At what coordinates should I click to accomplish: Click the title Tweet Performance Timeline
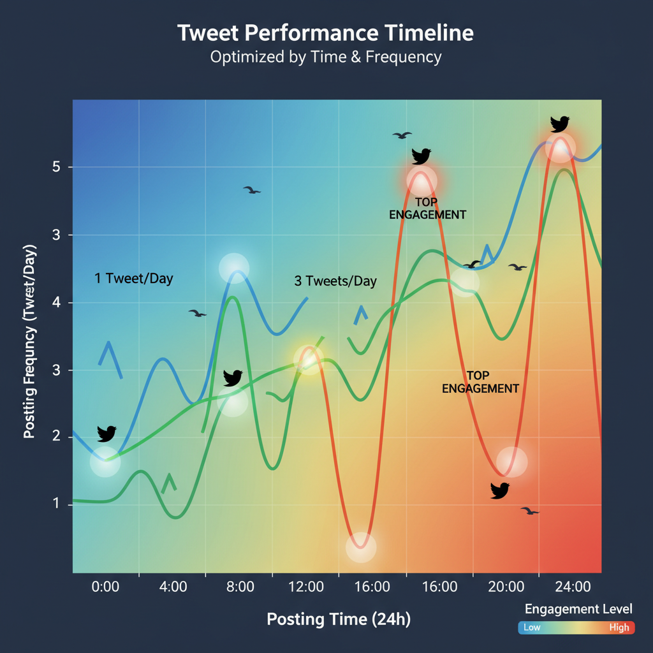[325, 33]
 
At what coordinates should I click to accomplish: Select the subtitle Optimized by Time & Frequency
[325, 57]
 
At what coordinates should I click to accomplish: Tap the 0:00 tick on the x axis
[106, 587]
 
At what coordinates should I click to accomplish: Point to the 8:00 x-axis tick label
[240, 587]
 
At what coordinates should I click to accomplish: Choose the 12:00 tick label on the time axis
[305, 587]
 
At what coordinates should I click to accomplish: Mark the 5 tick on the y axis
[56, 168]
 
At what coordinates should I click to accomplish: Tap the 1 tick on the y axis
[56, 504]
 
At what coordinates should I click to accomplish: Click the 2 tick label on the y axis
[56, 437]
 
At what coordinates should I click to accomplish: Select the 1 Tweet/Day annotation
[134, 279]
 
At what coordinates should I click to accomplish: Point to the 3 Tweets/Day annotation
[335, 281]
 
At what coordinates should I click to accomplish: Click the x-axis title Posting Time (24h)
[339, 619]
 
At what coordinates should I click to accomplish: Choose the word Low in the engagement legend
[532, 627]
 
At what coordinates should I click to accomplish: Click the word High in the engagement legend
[619, 627]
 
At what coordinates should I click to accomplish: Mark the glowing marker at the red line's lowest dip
[361, 547]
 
